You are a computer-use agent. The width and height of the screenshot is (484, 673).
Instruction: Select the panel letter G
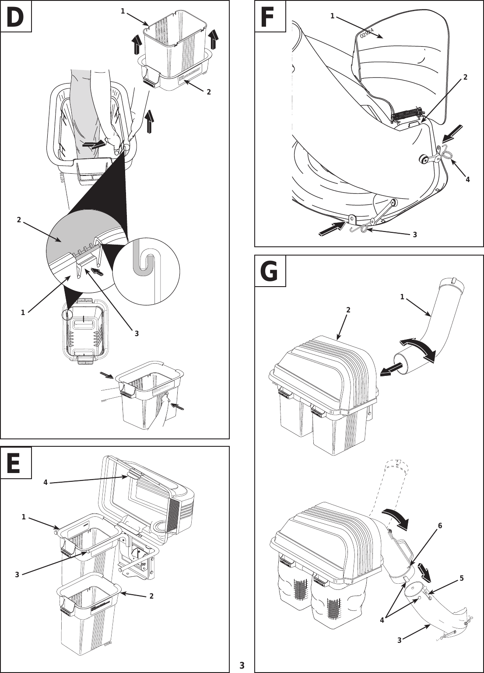point(270,271)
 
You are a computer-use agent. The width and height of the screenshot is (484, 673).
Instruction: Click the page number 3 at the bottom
point(242,666)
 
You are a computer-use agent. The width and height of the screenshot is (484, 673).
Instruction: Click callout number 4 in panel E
point(46,482)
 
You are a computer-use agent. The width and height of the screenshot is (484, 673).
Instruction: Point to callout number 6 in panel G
point(440,526)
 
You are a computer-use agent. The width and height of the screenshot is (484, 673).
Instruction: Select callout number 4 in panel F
point(468,179)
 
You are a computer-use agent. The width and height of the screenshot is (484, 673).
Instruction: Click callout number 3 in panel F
point(415,235)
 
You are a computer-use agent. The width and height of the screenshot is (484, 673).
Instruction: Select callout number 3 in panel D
point(137,333)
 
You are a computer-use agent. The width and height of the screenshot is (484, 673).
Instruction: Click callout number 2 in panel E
point(151,596)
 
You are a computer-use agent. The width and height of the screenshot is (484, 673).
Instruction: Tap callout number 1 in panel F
point(333,16)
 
